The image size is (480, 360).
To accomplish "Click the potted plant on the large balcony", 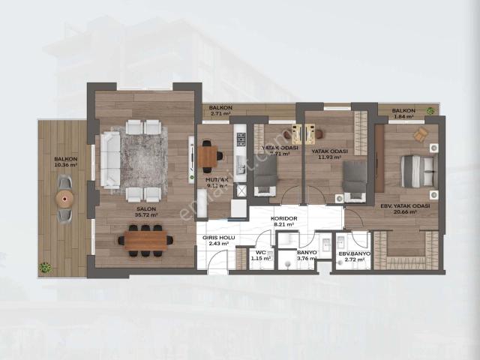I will point(46,266).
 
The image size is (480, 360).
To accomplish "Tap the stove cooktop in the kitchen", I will point(241,139).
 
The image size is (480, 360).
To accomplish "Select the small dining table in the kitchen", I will point(208,157).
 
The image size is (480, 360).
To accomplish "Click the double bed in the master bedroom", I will point(416,171).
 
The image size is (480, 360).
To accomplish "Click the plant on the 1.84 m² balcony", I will point(430,111).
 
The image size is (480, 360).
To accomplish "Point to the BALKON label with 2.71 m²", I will point(220,108).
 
